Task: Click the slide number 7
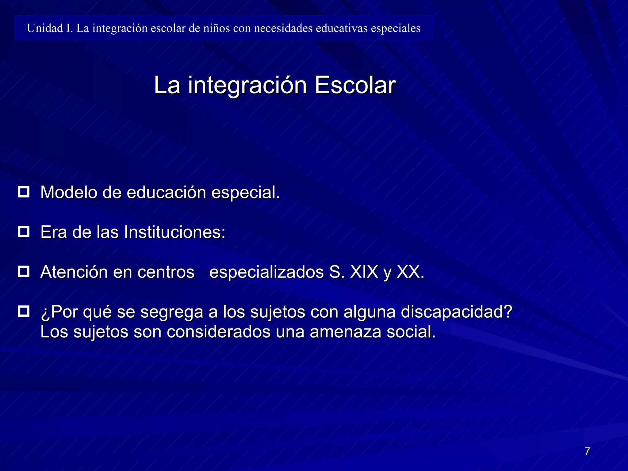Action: [x=587, y=451]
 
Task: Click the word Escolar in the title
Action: [x=355, y=85]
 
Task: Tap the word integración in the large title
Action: [x=247, y=86]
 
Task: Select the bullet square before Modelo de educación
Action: [x=24, y=192]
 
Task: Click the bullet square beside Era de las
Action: [x=24, y=232]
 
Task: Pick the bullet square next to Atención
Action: [x=24, y=272]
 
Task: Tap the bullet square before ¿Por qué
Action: [x=24, y=312]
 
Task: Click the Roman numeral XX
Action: [x=410, y=272]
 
